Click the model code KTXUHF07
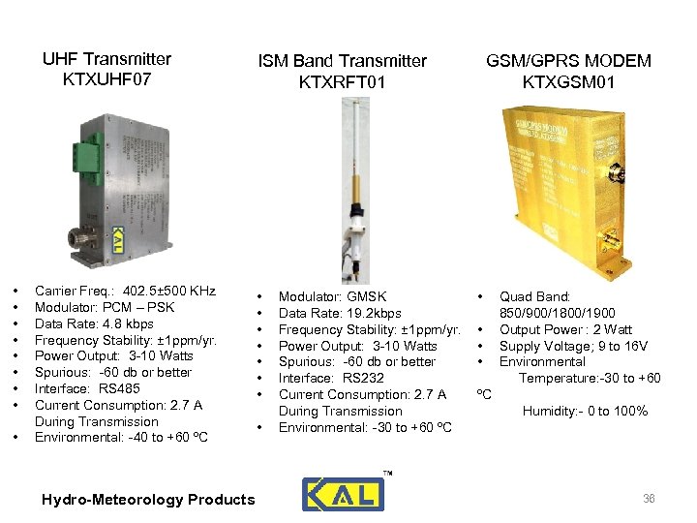(106, 79)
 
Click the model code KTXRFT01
(343, 82)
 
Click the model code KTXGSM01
(568, 82)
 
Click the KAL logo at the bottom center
(342, 494)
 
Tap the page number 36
(650, 498)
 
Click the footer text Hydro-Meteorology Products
(148, 500)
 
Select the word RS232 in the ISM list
(365, 378)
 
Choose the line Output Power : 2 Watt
(565, 329)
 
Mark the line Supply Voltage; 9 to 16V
(573, 346)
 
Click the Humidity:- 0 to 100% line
(585, 412)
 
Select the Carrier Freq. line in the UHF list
(125, 291)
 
